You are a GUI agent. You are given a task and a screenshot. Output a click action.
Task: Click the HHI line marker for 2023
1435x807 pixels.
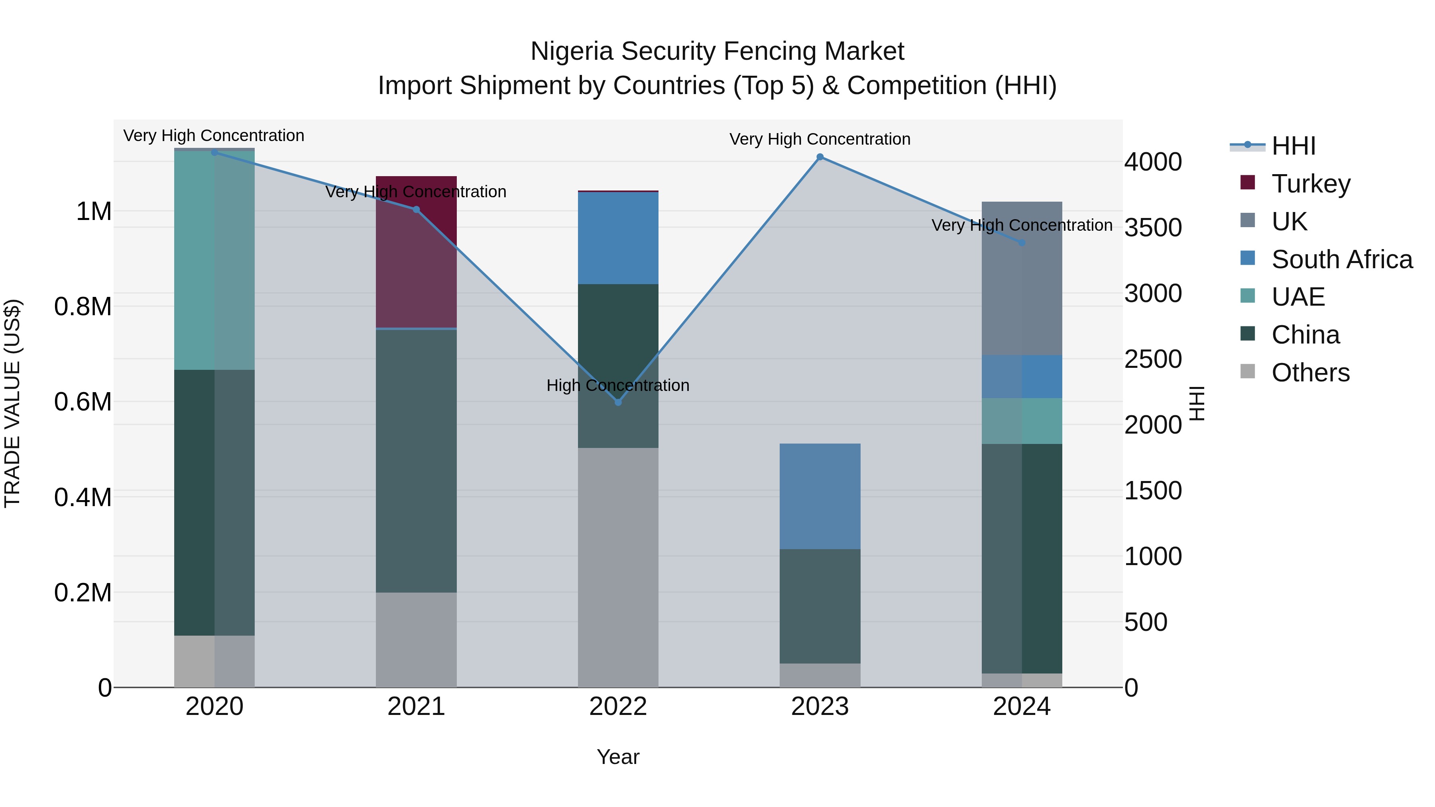tap(820, 157)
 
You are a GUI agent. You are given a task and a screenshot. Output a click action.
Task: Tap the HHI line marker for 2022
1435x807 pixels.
tap(618, 402)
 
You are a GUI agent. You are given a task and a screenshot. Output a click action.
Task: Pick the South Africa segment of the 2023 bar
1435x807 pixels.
tap(820, 496)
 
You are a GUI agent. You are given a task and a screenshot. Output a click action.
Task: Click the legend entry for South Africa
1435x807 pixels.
tap(1341, 259)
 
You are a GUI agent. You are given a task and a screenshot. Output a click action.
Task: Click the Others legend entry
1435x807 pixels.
tap(1310, 373)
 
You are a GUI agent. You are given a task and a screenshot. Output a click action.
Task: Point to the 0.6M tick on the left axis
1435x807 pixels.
tap(83, 402)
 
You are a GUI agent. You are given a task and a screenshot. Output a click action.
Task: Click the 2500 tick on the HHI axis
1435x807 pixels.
tap(1152, 359)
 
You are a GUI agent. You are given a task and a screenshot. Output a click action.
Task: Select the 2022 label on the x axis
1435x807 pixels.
tap(618, 707)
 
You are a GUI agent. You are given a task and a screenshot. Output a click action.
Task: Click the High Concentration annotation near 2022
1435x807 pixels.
tap(618, 385)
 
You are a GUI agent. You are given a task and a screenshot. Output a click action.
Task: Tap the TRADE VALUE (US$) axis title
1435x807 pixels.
tap(12, 403)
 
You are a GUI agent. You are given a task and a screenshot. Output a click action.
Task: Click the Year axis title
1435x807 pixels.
tap(618, 757)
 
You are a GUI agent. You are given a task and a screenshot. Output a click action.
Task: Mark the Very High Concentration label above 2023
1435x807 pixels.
tap(820, 139)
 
